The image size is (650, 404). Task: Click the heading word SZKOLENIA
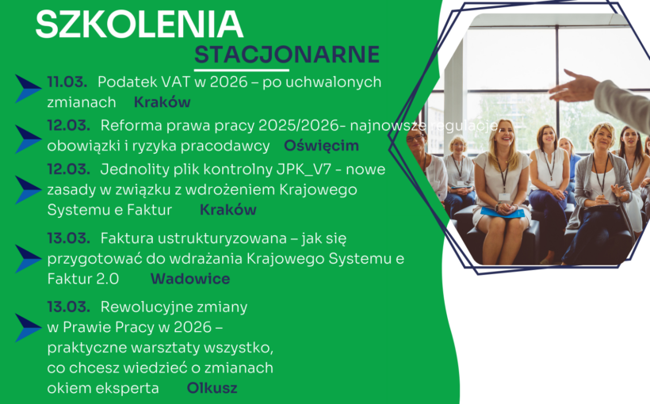coord(139,25)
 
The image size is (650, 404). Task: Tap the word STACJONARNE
coord(287,55)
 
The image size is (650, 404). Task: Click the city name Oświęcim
coord(321,146)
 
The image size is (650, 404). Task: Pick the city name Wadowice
coord(190,279)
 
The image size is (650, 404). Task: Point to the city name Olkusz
coord(212,388)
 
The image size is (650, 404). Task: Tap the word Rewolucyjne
coord(174,307)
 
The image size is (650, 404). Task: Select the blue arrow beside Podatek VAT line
coord(29,89)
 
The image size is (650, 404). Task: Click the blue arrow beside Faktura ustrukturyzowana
coord(29,258)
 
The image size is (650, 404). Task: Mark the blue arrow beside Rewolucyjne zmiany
coord(29,327)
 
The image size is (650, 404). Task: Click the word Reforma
coord(129,125)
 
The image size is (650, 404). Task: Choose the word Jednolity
coord(132,169)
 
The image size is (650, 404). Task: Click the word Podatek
coord(128,82)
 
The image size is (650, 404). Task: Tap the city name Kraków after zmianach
coord(162,102)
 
